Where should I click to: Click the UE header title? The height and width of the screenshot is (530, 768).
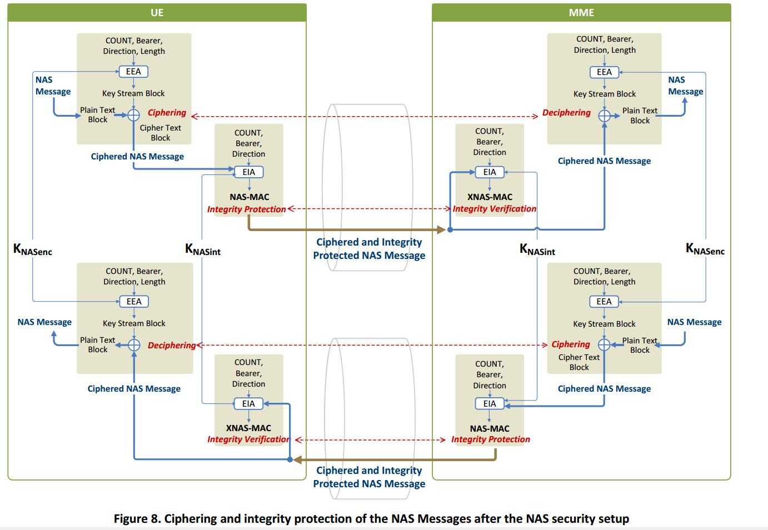(x=157, y=12)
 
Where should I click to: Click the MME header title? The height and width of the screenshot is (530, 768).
(x=581, y=12)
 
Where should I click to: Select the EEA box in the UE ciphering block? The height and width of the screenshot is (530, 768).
(x=133, y=71)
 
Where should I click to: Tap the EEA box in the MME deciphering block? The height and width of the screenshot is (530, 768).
(x=604, y=72)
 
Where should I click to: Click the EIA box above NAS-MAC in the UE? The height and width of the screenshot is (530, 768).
(x=248, y=172)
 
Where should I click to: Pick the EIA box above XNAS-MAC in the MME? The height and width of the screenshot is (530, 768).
(x=490, y=172)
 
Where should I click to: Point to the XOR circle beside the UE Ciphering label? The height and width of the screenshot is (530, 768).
(x=133, y=115)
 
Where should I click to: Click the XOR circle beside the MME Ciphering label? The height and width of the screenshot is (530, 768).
(x=604, y=345)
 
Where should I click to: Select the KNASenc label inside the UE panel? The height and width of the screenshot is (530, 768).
(x=33, y=249)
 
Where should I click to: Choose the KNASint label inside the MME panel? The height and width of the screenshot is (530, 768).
(x=537, y=249)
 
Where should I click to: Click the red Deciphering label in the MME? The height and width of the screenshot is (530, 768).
(x=566, y=113)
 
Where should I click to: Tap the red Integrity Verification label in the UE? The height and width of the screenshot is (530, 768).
(x=248, y=439)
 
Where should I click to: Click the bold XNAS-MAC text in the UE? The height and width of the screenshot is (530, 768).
(x=248, y=428)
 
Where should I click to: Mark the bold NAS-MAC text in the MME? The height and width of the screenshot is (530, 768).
(x=490, y=428)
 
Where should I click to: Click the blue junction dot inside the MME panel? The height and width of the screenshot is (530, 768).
(x=450, y=229)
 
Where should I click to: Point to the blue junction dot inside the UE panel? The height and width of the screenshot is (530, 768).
(x=290, y=459)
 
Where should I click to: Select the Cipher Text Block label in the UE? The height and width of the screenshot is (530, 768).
(x=160, y=133)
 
